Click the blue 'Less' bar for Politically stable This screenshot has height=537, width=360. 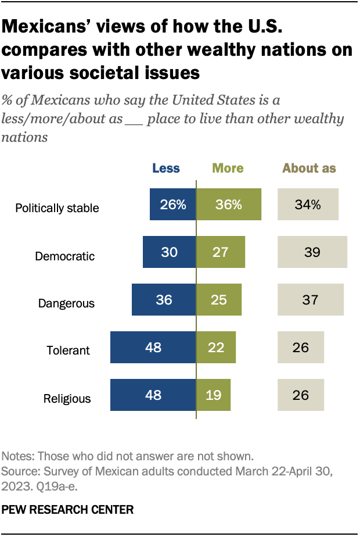(x=172, y=205)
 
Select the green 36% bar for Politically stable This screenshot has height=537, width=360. (x=229, y=205)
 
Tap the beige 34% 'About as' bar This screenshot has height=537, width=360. (x=309, y=205)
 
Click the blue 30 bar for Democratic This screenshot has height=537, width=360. (x=169, y=252)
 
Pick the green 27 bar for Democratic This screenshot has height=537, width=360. (x=221, y=252)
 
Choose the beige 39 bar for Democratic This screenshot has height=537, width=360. (x=312, y=252)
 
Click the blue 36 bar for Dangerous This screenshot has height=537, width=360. (x=164, y=300)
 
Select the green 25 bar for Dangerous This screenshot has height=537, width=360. (x=219, y=300)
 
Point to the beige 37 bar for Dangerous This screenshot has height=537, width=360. (x=311, y=300)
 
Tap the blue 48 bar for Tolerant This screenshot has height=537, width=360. (x=153, y=348)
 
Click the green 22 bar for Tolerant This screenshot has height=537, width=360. (x=216, y=348)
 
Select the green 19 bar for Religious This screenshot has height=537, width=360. (x=214, y=395)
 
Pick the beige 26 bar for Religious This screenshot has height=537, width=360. (x=301, y=395)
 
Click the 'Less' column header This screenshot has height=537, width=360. (x=166, y=169)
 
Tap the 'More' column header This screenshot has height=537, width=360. (x=228, y=169)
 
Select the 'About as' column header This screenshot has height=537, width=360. (x=309, y=169)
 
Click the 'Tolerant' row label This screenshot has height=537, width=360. (x=69, y=350)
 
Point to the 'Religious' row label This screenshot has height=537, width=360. (x=67, y=399)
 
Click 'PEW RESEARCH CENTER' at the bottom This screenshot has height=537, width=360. (x=68, y=510)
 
